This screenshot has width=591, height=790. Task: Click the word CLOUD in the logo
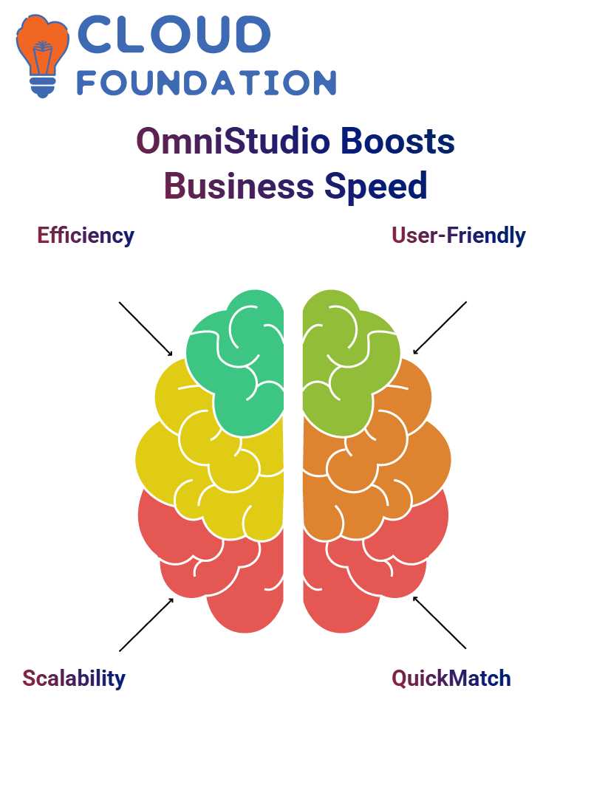click(174, 34)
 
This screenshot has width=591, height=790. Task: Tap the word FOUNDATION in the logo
click(206, 83)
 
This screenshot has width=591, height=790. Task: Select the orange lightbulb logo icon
click(42, 55)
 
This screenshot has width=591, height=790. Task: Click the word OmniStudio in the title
click(233, 141)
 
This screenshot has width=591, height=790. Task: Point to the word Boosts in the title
click(397, 141)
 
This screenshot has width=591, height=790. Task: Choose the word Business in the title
click(239, 186)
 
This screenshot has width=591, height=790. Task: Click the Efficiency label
click(86, 236)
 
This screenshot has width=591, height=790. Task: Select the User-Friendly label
click(458, 236)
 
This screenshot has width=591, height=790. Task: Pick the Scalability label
click(74, 679)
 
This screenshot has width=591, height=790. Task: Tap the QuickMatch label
click(451, 679)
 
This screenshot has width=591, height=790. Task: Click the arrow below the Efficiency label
click(146, 329)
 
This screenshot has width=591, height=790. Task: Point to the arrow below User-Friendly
click(440, 328)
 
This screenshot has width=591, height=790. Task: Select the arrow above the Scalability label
click(146, 625)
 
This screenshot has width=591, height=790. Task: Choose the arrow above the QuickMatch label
click(440, 622)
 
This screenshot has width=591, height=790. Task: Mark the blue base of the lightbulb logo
click(43, 87)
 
